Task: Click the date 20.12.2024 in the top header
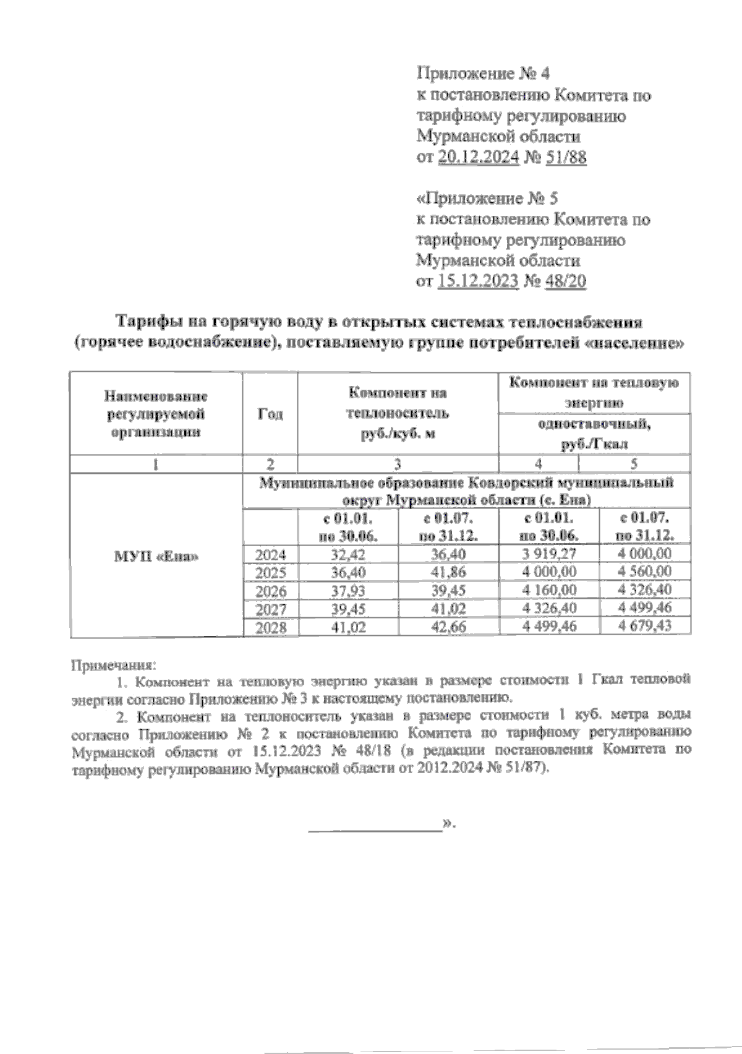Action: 477,158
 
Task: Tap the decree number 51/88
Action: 566,158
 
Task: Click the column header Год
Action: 270,414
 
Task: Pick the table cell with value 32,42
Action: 348,554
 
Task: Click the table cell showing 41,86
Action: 448,572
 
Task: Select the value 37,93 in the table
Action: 348,591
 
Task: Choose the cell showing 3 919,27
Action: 549,554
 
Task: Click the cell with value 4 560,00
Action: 645,572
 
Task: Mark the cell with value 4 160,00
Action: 549,590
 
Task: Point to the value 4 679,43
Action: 645,627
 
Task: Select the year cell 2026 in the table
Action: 271,591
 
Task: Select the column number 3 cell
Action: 398,464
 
